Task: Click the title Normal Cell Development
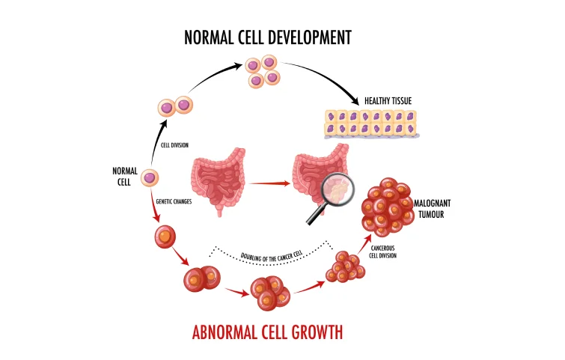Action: [x=268, y=37]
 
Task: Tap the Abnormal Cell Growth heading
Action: [x=267, y=329]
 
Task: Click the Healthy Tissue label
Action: [x=389, y=101]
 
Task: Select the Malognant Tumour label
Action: [x=438, y=209]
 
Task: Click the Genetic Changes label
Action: [x=174, y=201]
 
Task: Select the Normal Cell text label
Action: [x=125, y=177]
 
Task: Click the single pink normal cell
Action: [x=150, y=178]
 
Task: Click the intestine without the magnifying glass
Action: [x=220, y=182]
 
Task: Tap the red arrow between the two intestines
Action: [x=269, y=182]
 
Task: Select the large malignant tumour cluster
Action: [x=386, y=206]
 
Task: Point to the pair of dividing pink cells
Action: [x=174, y=106]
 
